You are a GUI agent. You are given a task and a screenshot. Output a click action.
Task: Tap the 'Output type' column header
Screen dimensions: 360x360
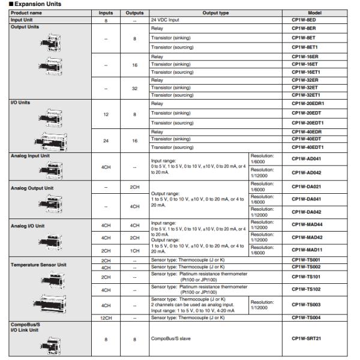(x=207, y=13)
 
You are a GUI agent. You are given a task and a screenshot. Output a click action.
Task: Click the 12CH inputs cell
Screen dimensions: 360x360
(x=106, y=317)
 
